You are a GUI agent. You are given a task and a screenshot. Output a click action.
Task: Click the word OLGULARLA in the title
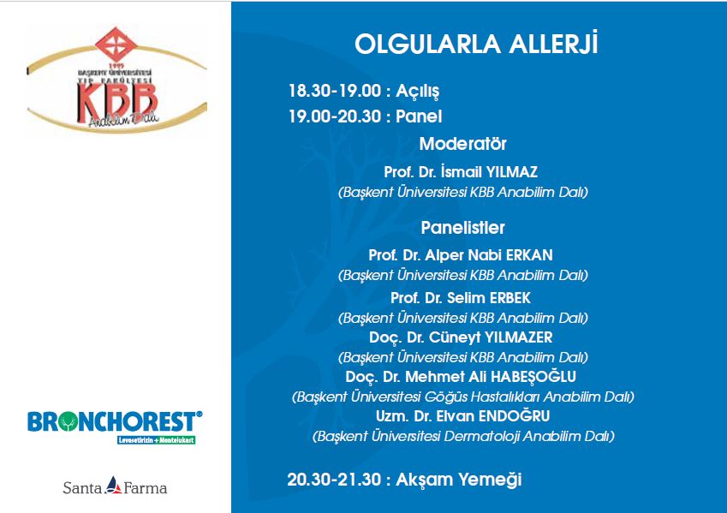coord(427,44)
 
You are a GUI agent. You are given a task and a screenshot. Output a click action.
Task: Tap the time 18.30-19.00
coord(335,91)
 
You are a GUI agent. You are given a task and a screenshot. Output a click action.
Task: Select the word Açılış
coord(417,92)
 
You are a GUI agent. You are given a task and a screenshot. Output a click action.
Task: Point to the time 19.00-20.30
coord(335,116)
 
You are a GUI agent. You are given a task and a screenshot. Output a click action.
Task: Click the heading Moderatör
coord(462,144)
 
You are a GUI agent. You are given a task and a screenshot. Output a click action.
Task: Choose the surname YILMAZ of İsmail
coord(512,172)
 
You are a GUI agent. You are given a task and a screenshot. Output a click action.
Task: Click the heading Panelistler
coord(462,228)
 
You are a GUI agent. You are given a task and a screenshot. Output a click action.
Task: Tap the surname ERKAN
coord(529,255)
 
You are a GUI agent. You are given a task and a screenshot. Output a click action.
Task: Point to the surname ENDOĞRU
coord(514,416)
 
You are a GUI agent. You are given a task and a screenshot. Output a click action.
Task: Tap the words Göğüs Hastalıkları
coord(482,397)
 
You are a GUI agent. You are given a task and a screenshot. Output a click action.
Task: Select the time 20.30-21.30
coord(334,479)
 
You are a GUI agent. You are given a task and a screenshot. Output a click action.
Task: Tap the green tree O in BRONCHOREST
coord(69,422)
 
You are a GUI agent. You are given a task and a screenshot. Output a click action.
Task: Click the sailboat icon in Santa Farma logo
coord(113,486)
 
